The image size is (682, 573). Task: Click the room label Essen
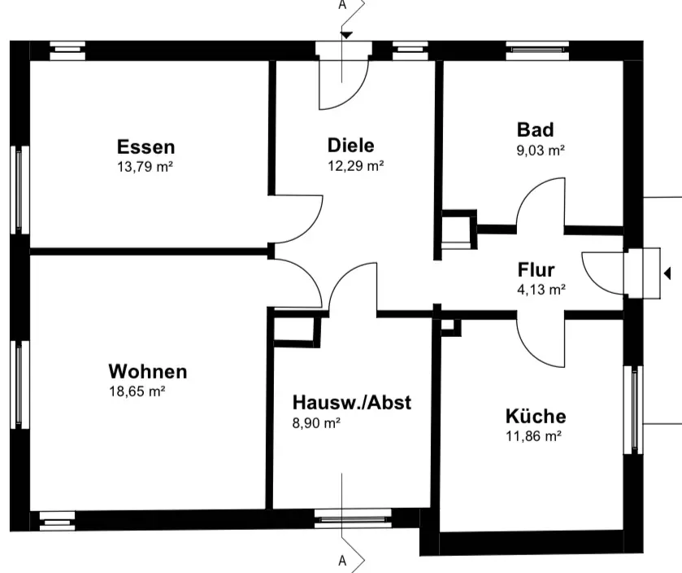146,147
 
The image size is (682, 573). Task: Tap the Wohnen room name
147,372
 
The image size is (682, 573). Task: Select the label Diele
350,146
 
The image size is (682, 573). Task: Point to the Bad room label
535,130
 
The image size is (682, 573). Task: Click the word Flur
536,270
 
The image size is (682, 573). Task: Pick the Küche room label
536,417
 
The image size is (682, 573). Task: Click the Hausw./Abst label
351,402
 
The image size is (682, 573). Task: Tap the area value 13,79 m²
146,167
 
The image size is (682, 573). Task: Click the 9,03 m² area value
541,150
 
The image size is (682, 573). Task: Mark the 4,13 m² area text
541,289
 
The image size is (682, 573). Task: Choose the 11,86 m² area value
534,435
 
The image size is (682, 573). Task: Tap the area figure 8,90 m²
316,422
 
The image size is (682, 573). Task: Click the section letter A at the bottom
342,561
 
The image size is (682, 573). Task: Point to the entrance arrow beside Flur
667,273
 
